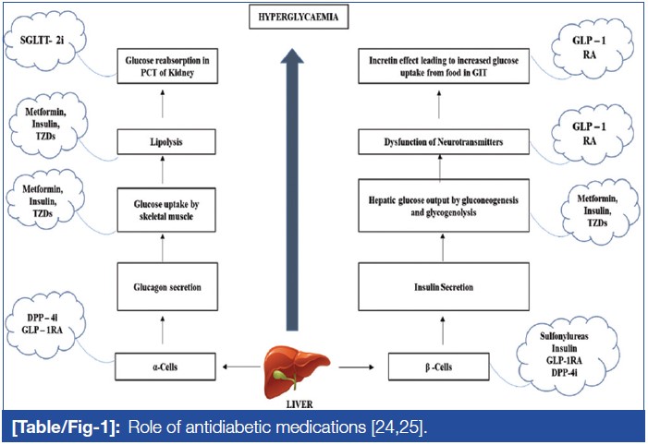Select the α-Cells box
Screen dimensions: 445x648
pos(165,367)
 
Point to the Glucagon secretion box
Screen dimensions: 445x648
pos(165,286)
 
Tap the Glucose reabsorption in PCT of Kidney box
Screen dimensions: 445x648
pos(165,66)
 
